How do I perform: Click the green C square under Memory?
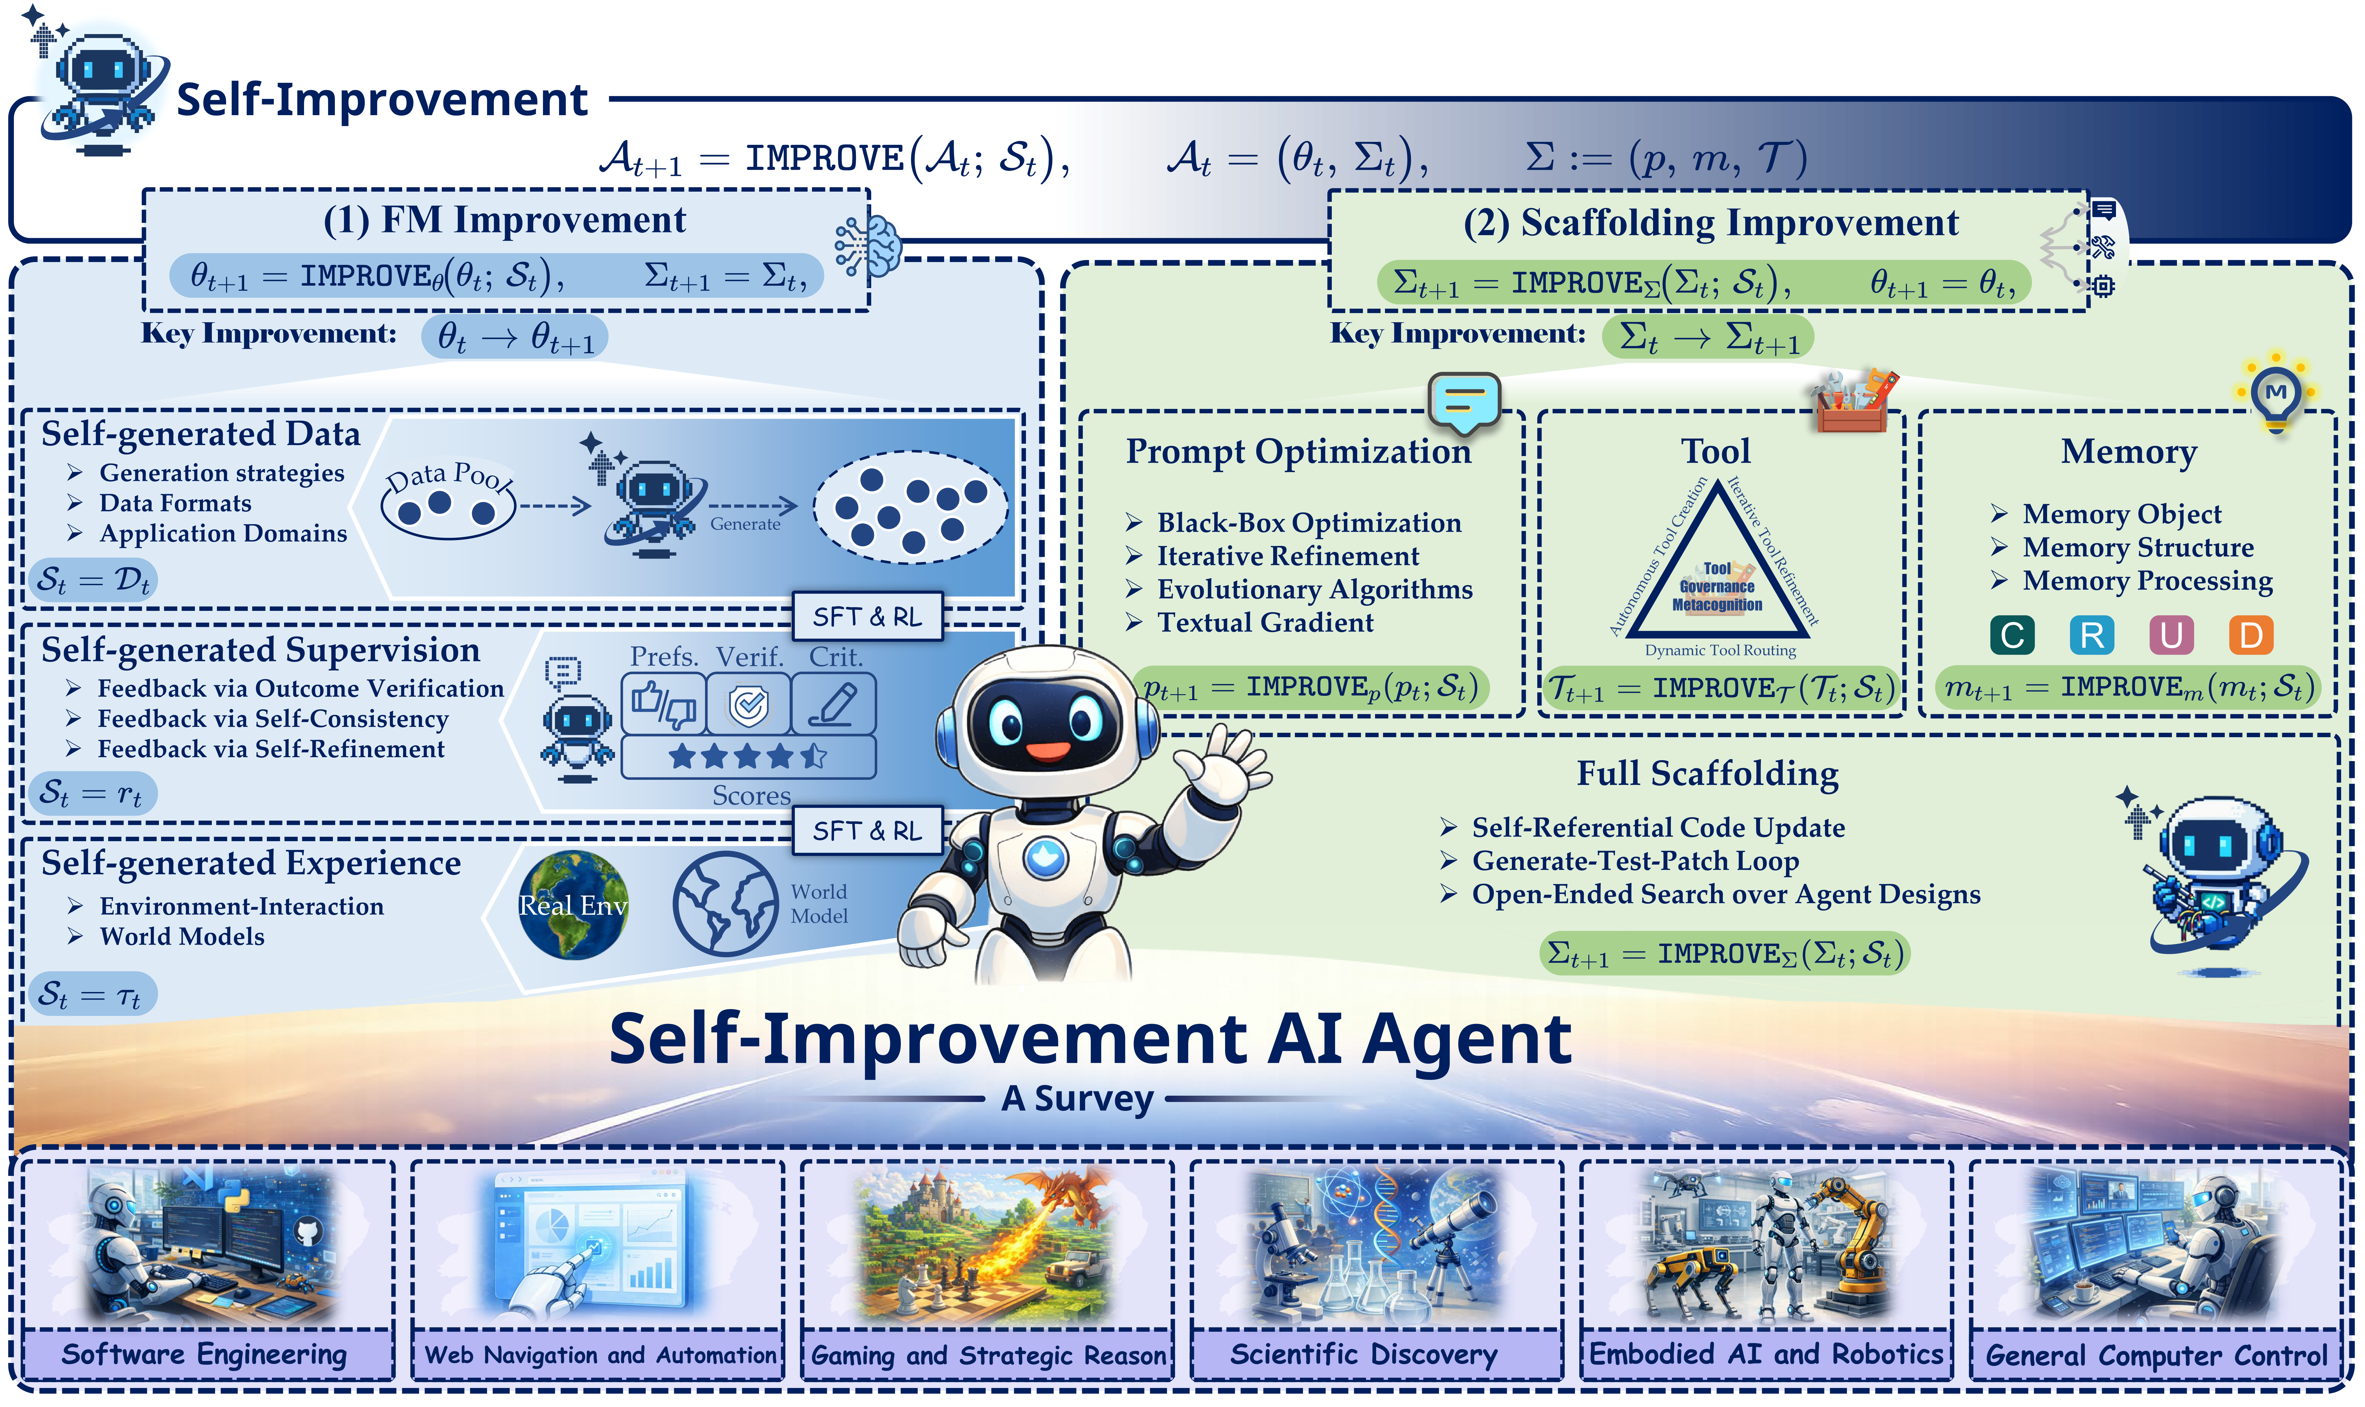click(2011, 635)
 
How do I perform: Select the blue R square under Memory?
click(2091, 635)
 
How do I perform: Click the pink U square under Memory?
click(2171, 635)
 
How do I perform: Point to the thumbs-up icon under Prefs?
click(664, 704)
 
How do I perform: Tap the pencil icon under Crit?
click(832, 704)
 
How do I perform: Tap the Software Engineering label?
click(205, 1354)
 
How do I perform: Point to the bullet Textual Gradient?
click(1264, 623)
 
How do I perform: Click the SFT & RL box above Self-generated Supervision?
click(866, 616)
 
